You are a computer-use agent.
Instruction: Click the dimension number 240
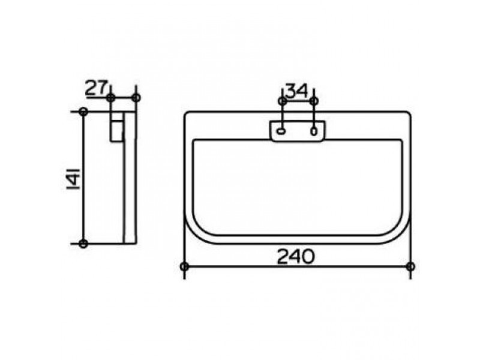[295, 257]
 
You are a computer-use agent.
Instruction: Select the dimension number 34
[296, 91]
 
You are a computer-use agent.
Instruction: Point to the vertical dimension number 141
[73, 178]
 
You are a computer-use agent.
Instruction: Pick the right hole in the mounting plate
[314, 131]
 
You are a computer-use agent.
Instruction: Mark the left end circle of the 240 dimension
[184, 266]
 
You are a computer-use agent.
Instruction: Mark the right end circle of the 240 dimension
[410, 266]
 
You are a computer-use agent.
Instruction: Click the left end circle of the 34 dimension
[282, 101]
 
